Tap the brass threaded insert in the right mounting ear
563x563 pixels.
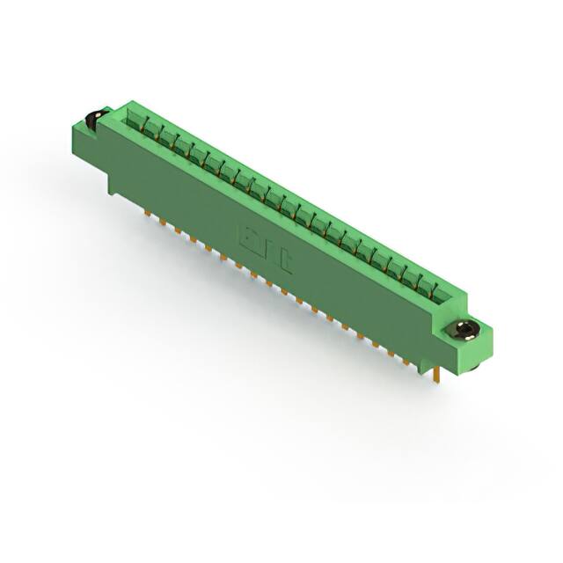point(464,331)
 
